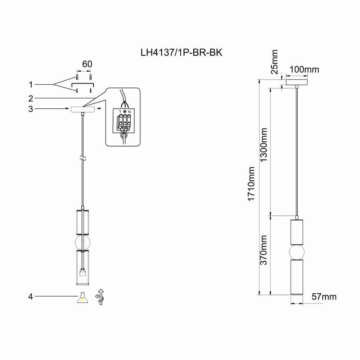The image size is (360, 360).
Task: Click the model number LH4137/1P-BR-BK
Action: click(x=181, y=53)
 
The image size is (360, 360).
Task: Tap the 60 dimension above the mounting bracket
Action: click(x=87, y=64)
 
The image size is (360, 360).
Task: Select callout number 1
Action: click(x=31, y=85)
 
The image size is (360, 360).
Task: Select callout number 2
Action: click(x=31, y=98)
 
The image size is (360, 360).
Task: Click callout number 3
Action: click(x=31, y=109)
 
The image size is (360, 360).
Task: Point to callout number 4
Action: click(x=31, y=297)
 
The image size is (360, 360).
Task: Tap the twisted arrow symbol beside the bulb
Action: click(x=100, y=297)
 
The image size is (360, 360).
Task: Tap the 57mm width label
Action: click(x=324, y=297)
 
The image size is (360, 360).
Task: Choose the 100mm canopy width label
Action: click(x=304, y=69)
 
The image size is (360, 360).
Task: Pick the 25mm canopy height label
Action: click(x=275, y=62)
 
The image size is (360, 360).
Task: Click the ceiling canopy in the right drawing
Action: click(x=297, y=82)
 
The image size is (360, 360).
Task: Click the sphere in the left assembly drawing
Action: click(x=83, y=242)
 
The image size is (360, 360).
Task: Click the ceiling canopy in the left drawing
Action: click(x=83, y=109)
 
